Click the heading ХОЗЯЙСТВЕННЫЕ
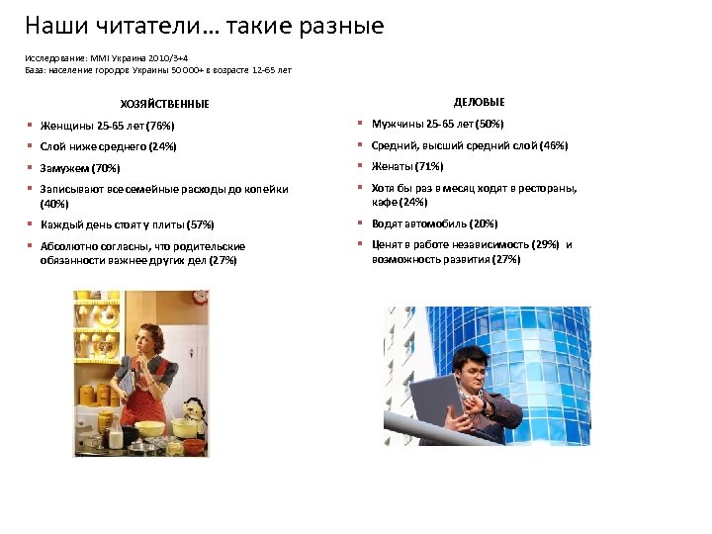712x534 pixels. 164,104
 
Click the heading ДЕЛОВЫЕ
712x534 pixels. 479,102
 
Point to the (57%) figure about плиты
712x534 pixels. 198,224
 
